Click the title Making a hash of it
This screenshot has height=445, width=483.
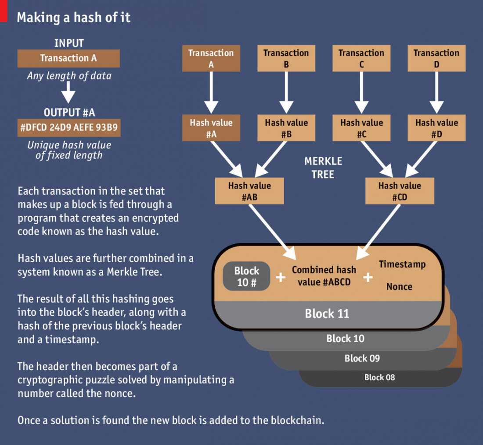74,17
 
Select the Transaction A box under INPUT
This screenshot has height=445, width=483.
68,58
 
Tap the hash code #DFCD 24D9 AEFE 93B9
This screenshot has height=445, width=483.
69,128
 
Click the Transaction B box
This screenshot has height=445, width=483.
286,58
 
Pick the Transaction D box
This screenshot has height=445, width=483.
436,58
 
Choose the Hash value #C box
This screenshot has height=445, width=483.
361,128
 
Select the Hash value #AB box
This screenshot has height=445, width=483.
249,191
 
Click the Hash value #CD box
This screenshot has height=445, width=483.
400,191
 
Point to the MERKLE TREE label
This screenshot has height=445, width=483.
323,168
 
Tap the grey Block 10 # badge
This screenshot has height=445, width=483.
246,276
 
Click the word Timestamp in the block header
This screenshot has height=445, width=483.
402,264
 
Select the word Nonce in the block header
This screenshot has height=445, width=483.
399,287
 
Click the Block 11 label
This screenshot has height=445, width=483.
327,314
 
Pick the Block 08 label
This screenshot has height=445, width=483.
379,377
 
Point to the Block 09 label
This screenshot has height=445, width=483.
362,358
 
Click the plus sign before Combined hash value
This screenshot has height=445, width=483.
281,277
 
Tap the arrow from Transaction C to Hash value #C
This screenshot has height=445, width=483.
361,92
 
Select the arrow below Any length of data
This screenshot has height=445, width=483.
68,92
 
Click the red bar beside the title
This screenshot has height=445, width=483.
4,11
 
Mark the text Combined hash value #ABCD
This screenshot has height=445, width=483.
324,276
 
